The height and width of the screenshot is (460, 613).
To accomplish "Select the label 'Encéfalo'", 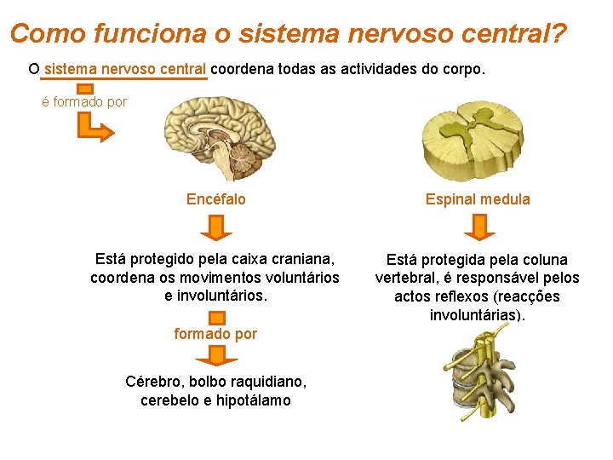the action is click(216, 199).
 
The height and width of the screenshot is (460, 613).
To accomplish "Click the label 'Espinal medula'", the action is click(478, 199).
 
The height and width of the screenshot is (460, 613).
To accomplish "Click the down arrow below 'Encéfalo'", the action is click(216, 227).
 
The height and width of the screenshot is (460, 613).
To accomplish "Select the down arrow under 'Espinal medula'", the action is click(478, 227).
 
